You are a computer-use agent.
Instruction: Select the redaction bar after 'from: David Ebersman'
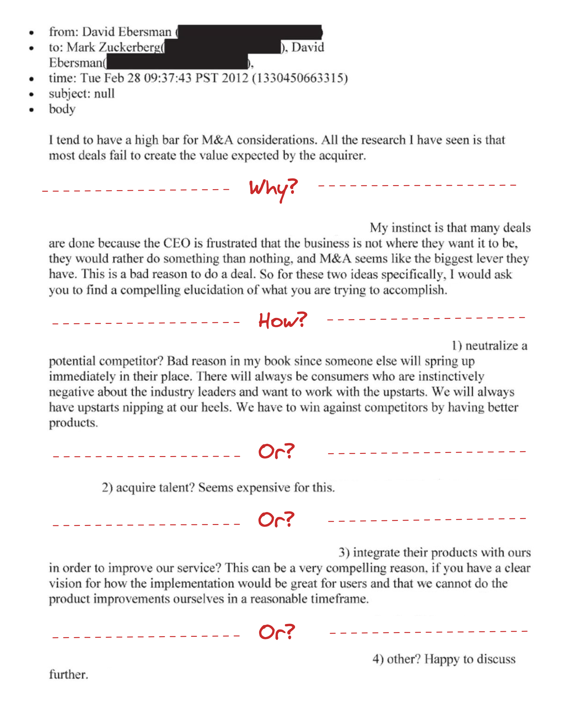point(249,32)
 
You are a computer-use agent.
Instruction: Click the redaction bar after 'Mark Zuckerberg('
point(222,47)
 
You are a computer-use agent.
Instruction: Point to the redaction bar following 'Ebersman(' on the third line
point(177,62)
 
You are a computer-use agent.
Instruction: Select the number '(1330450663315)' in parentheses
point(300,78)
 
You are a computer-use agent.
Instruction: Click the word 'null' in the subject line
point(104,94)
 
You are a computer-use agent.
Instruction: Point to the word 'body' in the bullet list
point(62,109)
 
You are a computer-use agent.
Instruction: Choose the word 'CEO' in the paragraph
point(177,243)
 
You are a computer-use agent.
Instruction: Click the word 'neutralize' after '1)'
point(491,346)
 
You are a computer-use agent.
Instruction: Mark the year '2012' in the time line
point(235,78)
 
